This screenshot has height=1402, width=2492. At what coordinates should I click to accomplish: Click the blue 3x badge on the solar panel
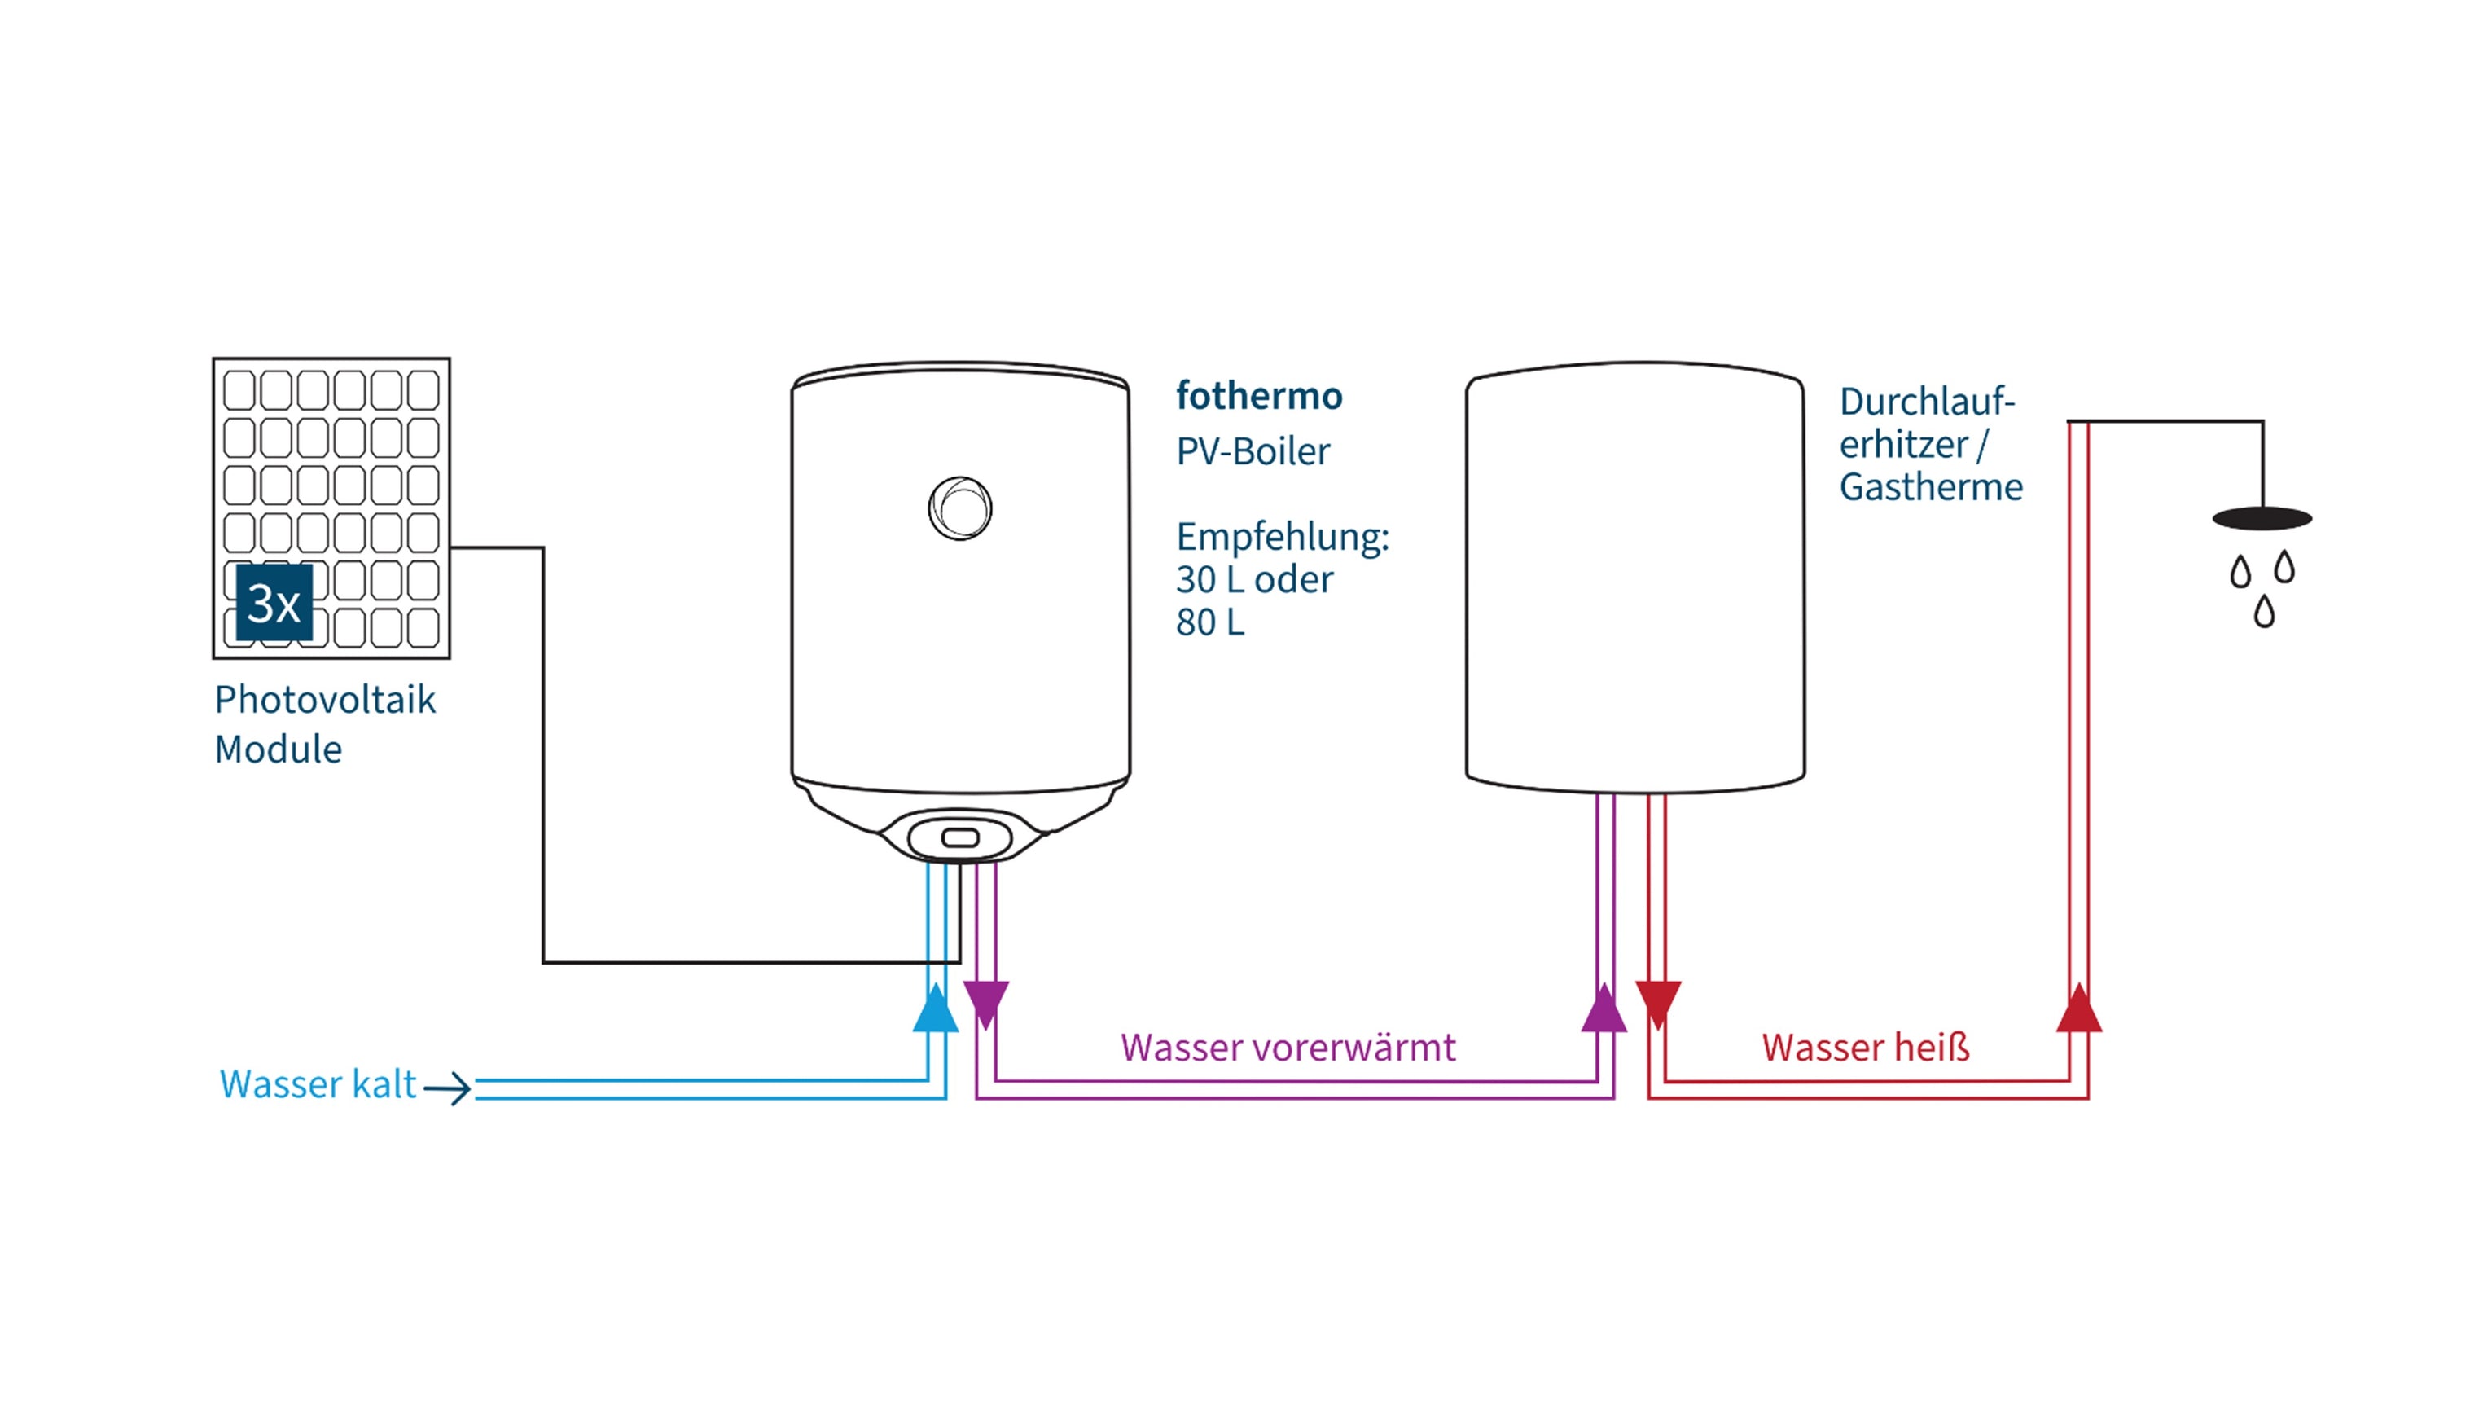point(274,603)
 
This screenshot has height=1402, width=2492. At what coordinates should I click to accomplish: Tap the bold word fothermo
point(1258,396)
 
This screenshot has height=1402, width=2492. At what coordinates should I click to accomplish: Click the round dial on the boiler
point(959,508)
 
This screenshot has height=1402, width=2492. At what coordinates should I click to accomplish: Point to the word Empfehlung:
point(1282,537)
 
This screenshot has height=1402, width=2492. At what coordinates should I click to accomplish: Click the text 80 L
point(1209,622)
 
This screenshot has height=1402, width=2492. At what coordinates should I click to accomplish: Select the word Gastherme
point(1930,486)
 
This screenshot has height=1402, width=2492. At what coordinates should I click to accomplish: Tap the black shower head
point(2262,519)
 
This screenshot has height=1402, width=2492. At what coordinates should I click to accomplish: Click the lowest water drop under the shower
point(2264,612)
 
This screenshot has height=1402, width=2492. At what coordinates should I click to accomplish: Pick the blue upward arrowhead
point(936,1009)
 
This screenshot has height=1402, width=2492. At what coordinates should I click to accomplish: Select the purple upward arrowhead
point(1604,1009)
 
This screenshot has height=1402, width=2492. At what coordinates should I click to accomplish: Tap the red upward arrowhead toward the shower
point(2078,1009)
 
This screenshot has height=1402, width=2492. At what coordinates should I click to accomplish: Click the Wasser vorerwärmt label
point(1288,1048)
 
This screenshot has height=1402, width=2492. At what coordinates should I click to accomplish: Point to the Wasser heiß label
point(1865,1048)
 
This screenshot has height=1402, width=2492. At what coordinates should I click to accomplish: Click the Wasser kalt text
point(318,1084)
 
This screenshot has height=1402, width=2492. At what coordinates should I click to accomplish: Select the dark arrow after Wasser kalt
point(448,1088)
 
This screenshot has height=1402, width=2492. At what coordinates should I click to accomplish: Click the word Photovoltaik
point(325,700)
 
